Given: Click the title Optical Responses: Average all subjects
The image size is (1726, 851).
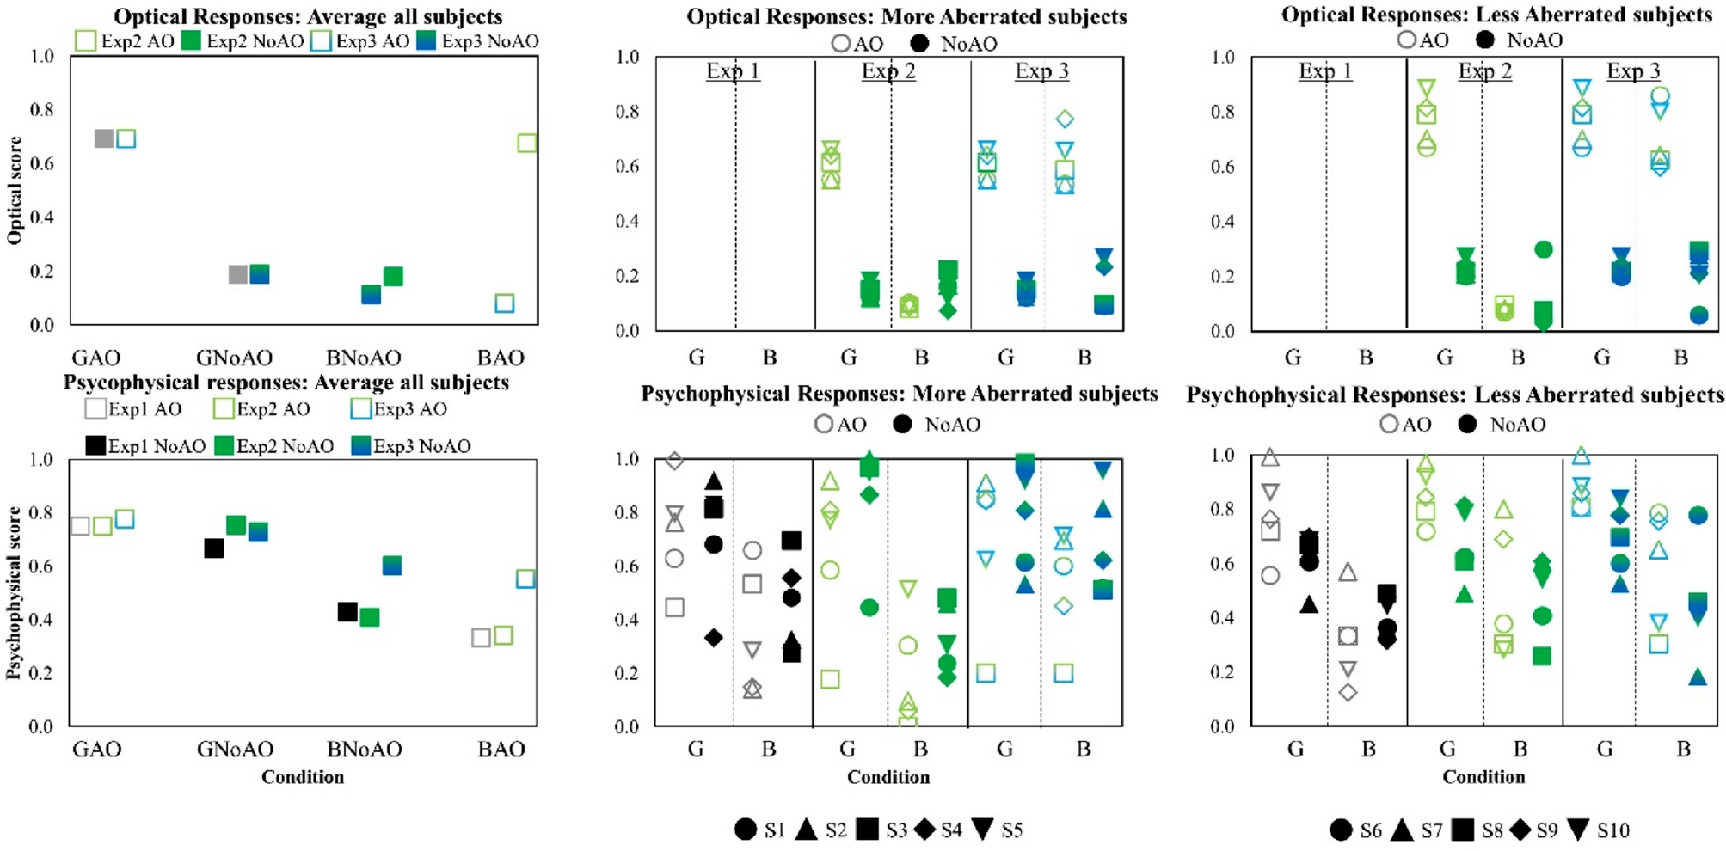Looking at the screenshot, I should [x=307, y=16].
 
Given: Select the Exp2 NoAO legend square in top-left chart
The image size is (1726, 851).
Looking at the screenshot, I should [x=191, y=40].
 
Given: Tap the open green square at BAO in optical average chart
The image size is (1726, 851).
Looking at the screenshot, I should [x=527, y=143].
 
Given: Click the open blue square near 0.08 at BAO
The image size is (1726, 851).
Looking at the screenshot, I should [x=505, y=303].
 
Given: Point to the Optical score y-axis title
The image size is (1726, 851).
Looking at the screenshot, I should [x=15, y=190].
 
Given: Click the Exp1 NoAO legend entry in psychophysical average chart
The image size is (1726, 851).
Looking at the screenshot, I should [x=95, y=445].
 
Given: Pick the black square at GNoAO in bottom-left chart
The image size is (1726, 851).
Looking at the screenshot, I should [x=214, y=548].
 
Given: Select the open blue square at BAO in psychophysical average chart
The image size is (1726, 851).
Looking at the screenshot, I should [x=525, y=579].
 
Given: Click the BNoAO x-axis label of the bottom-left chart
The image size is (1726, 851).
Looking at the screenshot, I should [x=364, y=750].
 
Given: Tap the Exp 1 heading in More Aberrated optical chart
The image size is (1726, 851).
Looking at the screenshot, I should [x=733, y=70].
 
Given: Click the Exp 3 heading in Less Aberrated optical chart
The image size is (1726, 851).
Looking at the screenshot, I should [x=1633, y=70].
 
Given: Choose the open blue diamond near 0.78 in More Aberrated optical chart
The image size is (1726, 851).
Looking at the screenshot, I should [x=1065, y=119].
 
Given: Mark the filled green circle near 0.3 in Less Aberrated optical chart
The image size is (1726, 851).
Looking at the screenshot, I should [x=1543, y=249].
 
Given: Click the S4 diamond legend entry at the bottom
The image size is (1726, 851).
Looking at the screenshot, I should [x=925, y=830].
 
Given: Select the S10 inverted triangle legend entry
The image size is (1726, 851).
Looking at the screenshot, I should [x=1578, y=830].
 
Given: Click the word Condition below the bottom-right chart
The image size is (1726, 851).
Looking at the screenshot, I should [x=1483, y=777].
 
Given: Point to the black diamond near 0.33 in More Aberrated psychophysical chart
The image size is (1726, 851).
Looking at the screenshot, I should [x=713, y=638].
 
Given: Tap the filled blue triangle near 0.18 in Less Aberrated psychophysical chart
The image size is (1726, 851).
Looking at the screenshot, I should [x=1697, y=677].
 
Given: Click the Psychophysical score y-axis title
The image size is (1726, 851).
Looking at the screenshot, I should [x=14, y=593].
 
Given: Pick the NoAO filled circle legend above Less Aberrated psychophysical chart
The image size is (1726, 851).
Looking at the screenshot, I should [x=1467, y=424].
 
